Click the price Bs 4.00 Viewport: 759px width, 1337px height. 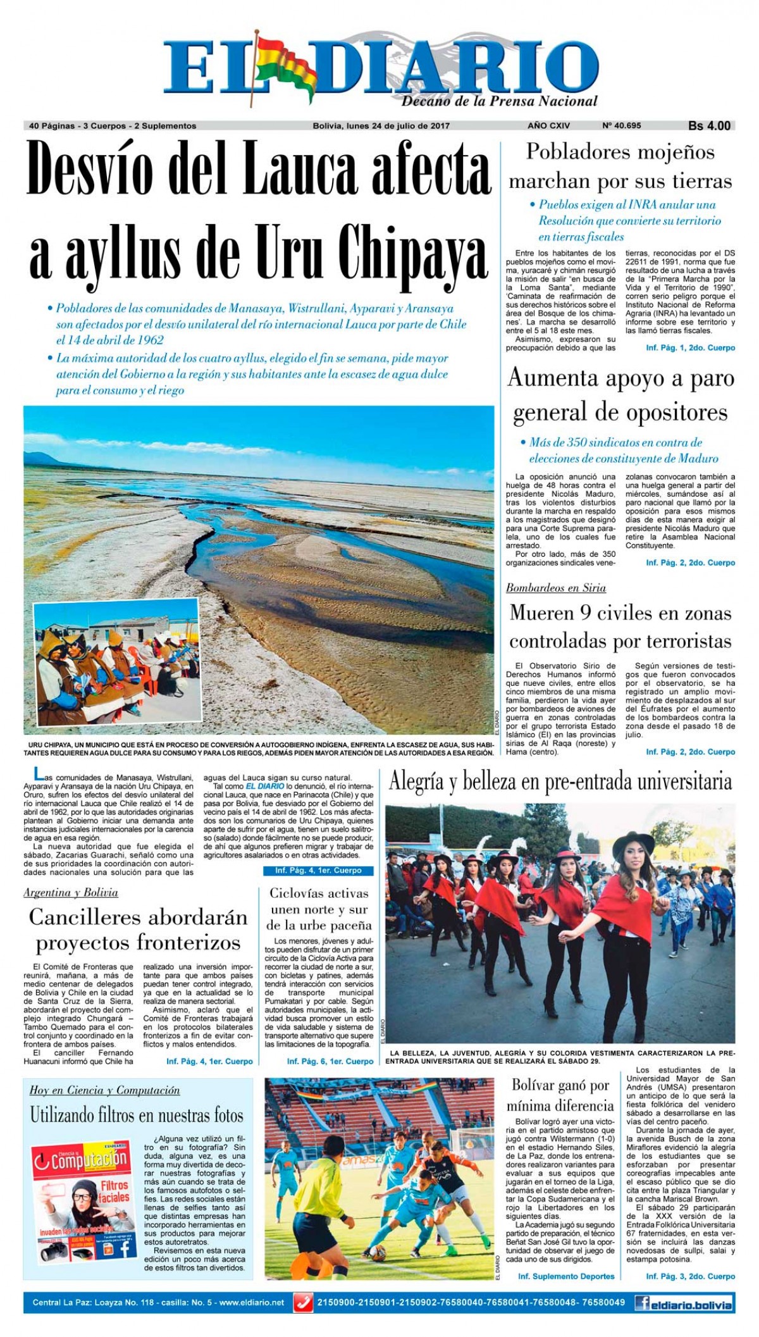pos(709,126)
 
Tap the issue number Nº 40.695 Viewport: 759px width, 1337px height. pos(622,126)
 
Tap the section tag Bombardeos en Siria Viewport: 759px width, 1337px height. pos(556,588)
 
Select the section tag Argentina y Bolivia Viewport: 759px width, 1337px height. pos(71,893)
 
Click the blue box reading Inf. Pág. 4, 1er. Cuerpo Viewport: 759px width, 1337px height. pos(318,871)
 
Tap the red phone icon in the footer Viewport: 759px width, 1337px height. pos(304,1303)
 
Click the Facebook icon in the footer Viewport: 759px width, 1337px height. pos(643,1303)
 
